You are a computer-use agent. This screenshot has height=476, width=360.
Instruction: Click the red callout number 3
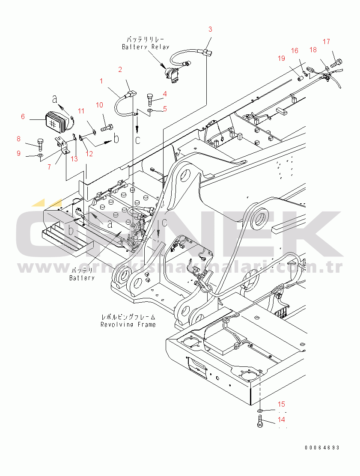point(210,29)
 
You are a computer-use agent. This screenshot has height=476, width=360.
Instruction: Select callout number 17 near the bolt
point(326,42)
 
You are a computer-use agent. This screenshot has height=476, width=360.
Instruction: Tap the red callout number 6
point(23,116)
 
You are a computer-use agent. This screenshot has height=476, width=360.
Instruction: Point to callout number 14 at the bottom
point(281,420)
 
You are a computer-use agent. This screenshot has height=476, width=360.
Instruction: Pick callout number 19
point(281,58)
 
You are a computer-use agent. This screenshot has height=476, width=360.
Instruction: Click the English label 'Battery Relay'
point(146,47)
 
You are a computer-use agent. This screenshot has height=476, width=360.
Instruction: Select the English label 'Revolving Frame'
point(128,324)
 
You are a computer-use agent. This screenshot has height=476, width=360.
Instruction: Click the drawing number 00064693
point(322,447)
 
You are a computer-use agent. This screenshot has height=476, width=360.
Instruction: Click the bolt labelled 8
point(40,142)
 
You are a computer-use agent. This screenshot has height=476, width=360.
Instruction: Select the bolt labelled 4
point(150,98)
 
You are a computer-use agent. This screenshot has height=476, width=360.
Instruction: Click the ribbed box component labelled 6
point(56,120)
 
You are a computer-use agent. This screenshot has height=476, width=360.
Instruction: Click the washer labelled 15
point(260,411)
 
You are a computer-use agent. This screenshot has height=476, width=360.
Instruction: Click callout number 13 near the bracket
point(74,159)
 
